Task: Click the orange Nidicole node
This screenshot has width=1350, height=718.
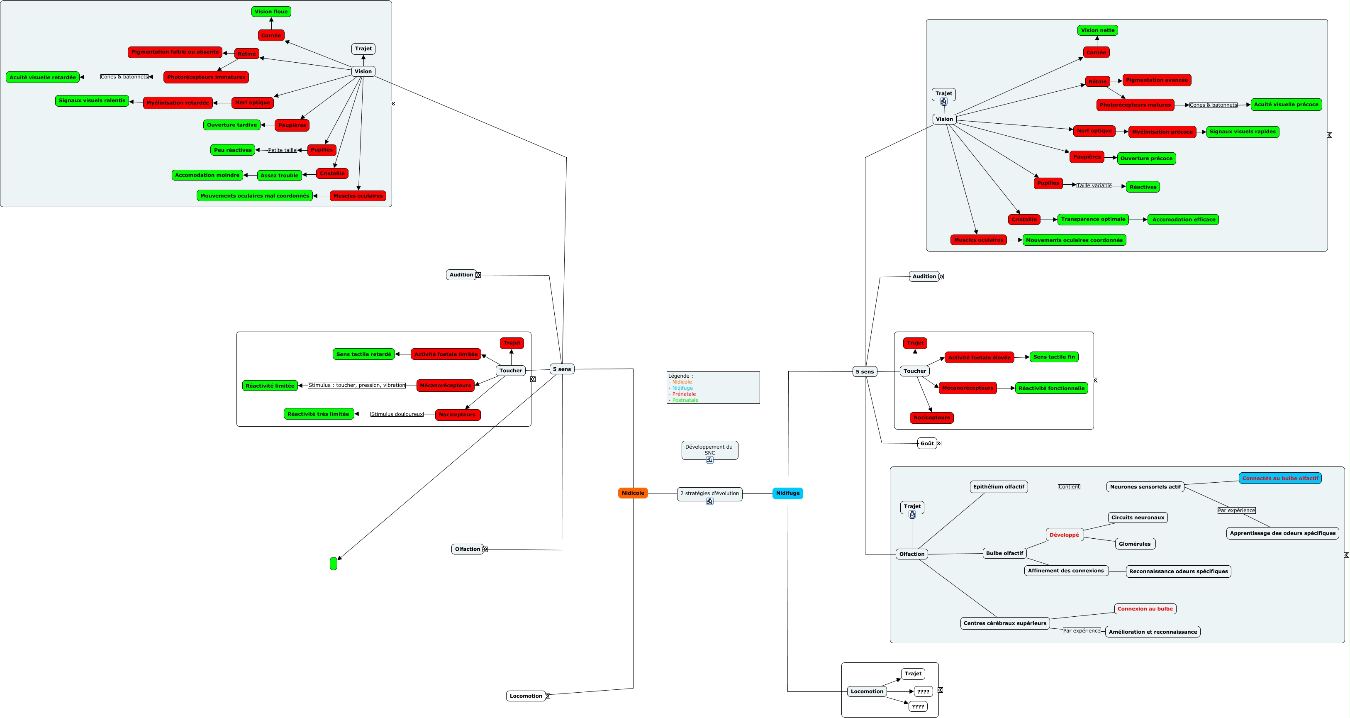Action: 633,493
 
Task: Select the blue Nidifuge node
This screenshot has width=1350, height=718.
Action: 787,493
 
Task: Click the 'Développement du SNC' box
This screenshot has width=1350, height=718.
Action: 709,449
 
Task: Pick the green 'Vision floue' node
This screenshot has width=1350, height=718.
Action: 271,12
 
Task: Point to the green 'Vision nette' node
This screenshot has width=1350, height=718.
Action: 1097,30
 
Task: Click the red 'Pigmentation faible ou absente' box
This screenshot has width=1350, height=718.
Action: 175,52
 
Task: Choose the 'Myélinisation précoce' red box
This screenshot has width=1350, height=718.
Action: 1162,132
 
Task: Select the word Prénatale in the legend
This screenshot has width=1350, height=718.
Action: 684,394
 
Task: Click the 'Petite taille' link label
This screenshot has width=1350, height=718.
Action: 283,150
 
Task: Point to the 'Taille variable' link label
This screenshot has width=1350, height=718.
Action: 1094,186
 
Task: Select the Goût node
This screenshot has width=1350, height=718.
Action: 926,443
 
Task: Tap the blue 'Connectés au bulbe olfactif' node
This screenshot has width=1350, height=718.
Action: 1280,479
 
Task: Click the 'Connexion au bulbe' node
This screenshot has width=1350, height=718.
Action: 1145,609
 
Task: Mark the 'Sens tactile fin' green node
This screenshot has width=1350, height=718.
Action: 1053,357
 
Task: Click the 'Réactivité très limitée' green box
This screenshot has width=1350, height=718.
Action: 318,414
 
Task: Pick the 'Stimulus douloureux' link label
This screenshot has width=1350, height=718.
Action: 397,415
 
